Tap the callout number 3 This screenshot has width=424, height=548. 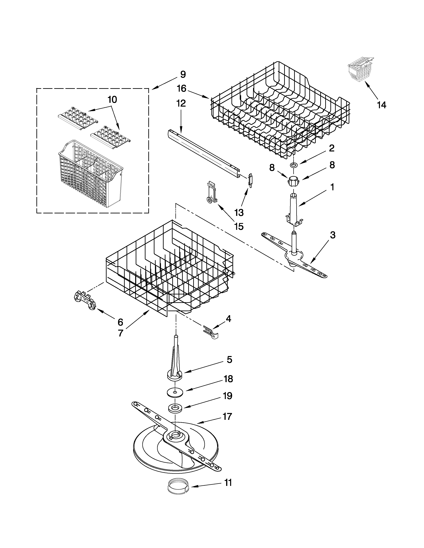point(332,235)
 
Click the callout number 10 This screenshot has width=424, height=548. point(112,100)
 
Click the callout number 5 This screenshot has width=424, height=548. point(229,360)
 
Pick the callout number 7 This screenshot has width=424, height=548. point(121,333)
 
